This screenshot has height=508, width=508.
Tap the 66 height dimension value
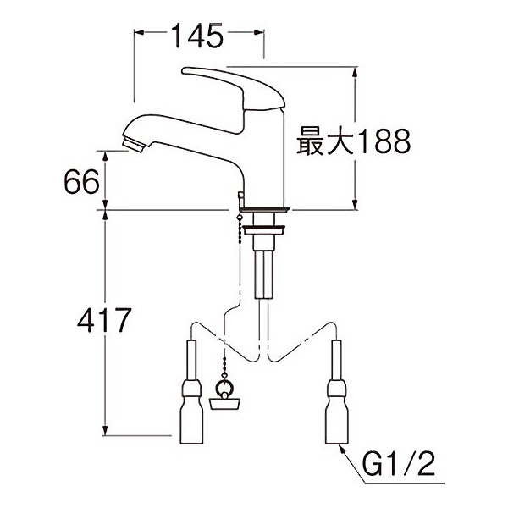click(82, 180)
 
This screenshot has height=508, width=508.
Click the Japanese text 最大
click(323, 141)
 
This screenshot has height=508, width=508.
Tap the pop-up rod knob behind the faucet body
click(240, 197)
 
